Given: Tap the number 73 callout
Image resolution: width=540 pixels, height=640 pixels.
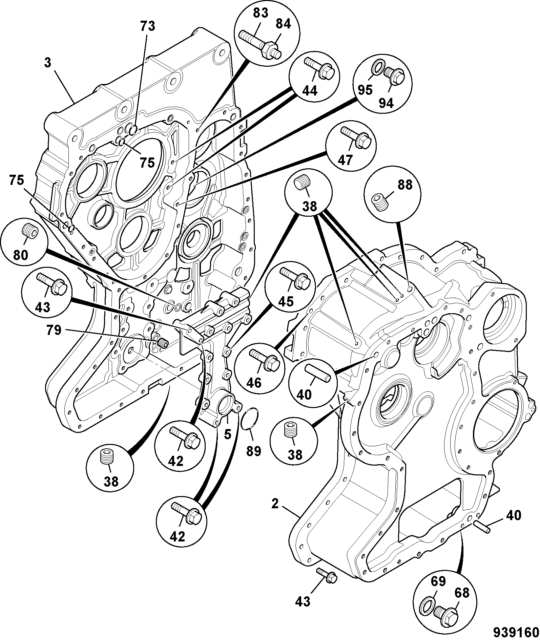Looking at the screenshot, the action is tap(147, 26).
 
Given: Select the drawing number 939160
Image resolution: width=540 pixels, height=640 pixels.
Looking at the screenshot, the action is tap(516, 632).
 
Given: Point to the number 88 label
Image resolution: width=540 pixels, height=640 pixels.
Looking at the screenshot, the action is tap(405, 185).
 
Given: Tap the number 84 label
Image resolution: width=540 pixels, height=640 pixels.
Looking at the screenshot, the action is tap(283, 24).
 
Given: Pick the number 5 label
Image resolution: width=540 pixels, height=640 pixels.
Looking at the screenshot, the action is tap(227, 434).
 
